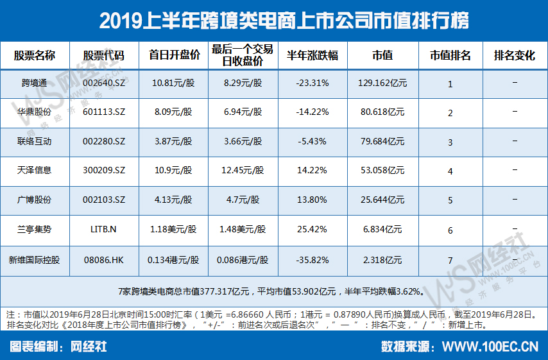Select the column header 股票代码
(x=103, y=56)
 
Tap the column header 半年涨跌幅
(x=313, y=56)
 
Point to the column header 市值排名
(x=450, y=56)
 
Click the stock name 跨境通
(x=35, y=83)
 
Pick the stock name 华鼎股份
(x=35, y=112)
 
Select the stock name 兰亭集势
(x=35, y=229)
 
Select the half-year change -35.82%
(x=313, y=259)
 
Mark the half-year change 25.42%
(x=313, y=229)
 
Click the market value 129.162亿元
(x=381, y=83)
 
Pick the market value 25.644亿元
(x=382, y=200)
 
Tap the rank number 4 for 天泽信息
(x=450, y=172)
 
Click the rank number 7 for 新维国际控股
(x=450, y=261)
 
